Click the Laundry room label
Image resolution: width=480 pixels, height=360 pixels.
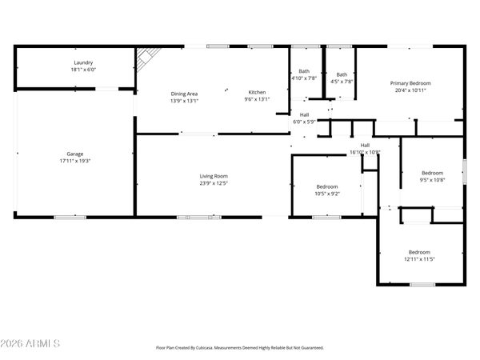pyautogui.click(x=83, y=62)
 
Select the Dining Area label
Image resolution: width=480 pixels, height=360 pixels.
pyautogui.click(x=184, y=94)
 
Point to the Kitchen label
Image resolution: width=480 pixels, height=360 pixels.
pyautogui.click(x=257, y=94)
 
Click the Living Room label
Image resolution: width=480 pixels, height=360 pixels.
pyautogui.click(x=214, y=176)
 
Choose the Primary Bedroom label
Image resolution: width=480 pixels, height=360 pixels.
pyautogui.click(x=410, y=83)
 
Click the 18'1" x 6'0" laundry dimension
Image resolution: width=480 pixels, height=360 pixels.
pyautogui.click(x=83, y=70)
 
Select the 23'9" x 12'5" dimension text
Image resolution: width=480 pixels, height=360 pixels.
pyautogui.click(x=214, y=183)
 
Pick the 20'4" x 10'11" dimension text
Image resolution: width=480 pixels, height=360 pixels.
pyautogui.click(x=410, y=90)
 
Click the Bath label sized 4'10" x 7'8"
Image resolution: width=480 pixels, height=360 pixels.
pyautogui.click(x=304, y=72)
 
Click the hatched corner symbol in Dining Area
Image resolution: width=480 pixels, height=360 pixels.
pyautogui.click(x=146, y=57)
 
